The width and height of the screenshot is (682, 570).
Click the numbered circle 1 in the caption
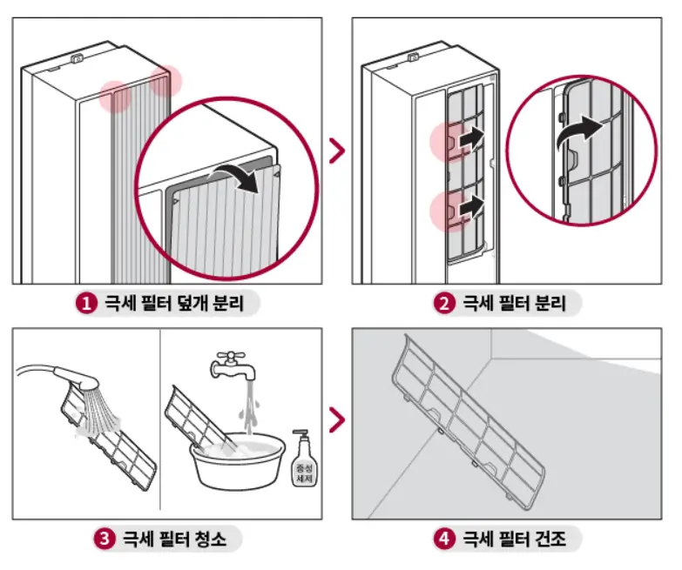(86, 304)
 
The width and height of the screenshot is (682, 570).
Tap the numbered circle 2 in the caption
(444, 304)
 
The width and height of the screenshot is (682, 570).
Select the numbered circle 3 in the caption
(105, 539)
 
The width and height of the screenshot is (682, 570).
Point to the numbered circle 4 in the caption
(444, 539)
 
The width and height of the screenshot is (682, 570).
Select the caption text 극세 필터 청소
(174, 539)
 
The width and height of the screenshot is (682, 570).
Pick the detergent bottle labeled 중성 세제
(301, 465)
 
